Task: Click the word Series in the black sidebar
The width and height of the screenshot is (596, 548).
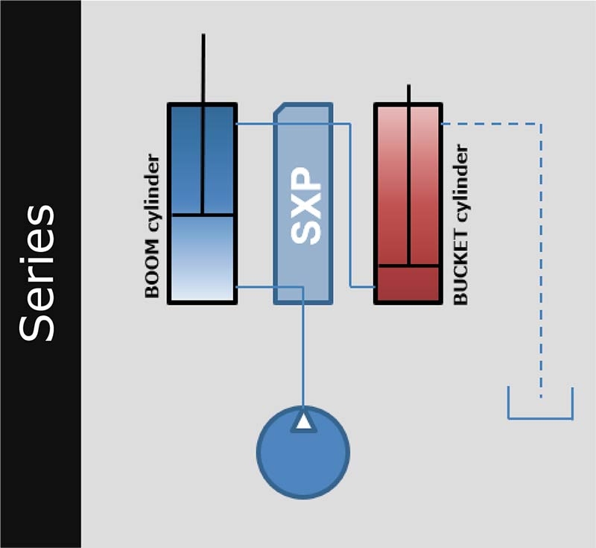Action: pos(37,273)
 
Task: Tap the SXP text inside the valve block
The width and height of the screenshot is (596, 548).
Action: pos(305,206)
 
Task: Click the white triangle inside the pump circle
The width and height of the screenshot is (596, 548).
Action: pos(303,422)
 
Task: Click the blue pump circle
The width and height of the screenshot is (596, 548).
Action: pos(303,452)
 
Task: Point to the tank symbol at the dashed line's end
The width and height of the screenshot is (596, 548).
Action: pos(540,418)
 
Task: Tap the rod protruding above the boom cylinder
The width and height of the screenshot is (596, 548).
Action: pos(203,69)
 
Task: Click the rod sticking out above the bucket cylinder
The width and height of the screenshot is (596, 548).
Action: pos(408,94)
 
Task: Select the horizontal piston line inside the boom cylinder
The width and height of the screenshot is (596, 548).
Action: pos(203,215)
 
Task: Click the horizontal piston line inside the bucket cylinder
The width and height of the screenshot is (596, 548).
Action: pos(408,265)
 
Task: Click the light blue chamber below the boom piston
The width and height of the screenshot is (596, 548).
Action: pos(203,259)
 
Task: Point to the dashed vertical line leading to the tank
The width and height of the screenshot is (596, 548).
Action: pos(542,260)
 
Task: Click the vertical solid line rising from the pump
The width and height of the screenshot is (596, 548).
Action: pos(303,347)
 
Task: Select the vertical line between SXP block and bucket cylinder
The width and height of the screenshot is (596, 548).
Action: pos(350,205)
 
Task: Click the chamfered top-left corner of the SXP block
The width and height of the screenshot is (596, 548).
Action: pos(279,108)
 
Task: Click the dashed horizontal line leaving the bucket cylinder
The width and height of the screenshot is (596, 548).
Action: pos(491,124)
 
